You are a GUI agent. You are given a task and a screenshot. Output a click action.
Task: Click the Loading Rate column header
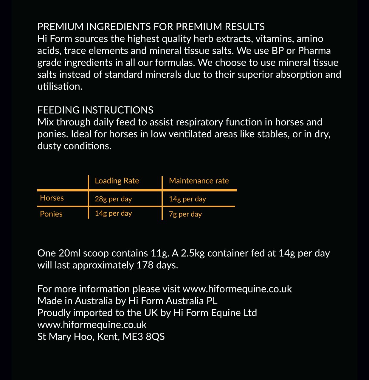pos(117,181)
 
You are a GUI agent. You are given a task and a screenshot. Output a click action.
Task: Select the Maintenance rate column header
pos(199,181)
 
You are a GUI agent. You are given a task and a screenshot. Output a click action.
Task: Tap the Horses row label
pos(52,198)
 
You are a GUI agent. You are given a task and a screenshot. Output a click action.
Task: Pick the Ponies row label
pos(51,214)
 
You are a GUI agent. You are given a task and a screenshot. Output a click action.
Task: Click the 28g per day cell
pos(113,199)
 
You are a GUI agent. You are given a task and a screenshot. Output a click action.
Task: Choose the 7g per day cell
pos(185,214)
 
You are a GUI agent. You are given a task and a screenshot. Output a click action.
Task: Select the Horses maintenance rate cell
pos(187,199)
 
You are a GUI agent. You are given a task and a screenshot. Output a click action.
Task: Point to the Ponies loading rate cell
pos(113,214)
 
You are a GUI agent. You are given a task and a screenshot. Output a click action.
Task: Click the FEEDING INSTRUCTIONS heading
pos(95,110)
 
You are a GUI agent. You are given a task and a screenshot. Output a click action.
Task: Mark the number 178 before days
pos(145,265)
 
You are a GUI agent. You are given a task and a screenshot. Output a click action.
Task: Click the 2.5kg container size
pos(193,253)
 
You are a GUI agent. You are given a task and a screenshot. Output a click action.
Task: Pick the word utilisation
pos(60,86)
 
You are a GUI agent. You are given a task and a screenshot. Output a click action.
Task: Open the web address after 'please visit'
pos(237,289)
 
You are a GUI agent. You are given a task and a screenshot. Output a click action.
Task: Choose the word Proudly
pos(54,313)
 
